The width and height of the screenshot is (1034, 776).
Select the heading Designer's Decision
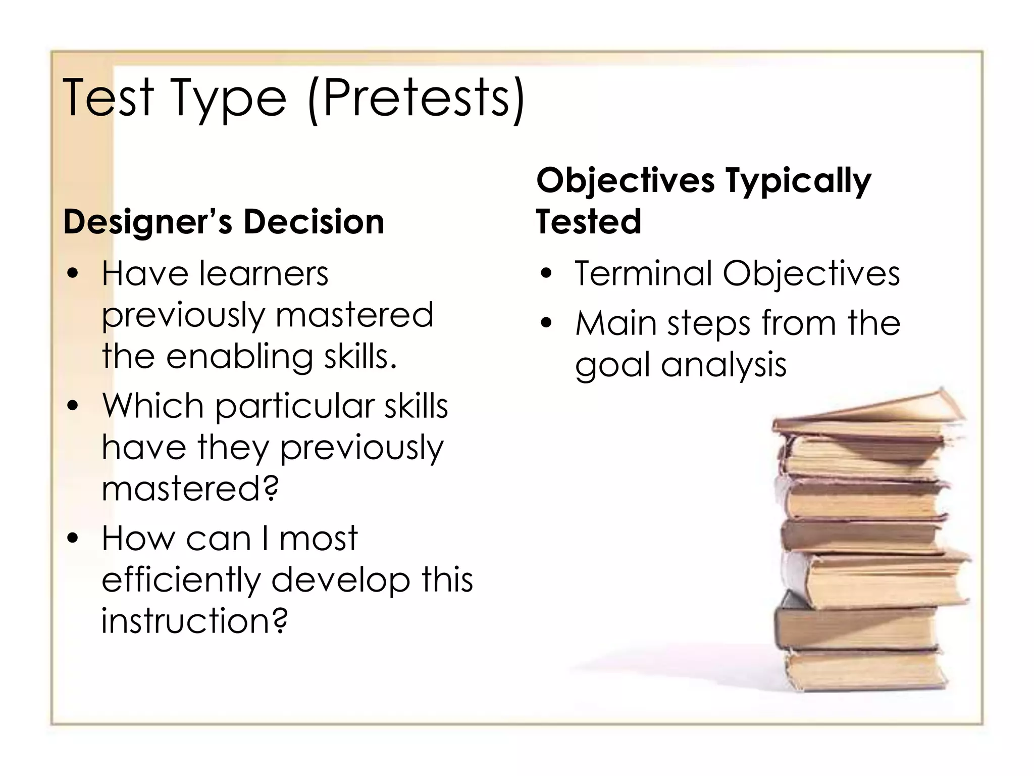point(224,222)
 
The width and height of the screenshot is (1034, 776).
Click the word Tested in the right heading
point(589,222)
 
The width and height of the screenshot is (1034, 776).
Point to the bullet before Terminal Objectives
point(547,274)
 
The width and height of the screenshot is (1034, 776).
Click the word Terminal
point(642,273)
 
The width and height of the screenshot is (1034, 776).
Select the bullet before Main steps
point(547,323)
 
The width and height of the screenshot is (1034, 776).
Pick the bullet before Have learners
point(74,274)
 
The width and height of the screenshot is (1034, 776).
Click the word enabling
point(239,357)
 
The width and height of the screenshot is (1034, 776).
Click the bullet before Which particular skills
point(74,406)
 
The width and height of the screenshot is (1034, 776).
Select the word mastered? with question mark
point(190,489)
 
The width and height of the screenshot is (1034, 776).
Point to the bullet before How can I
point(74,539)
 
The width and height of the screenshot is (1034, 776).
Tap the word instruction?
point(194,621)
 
